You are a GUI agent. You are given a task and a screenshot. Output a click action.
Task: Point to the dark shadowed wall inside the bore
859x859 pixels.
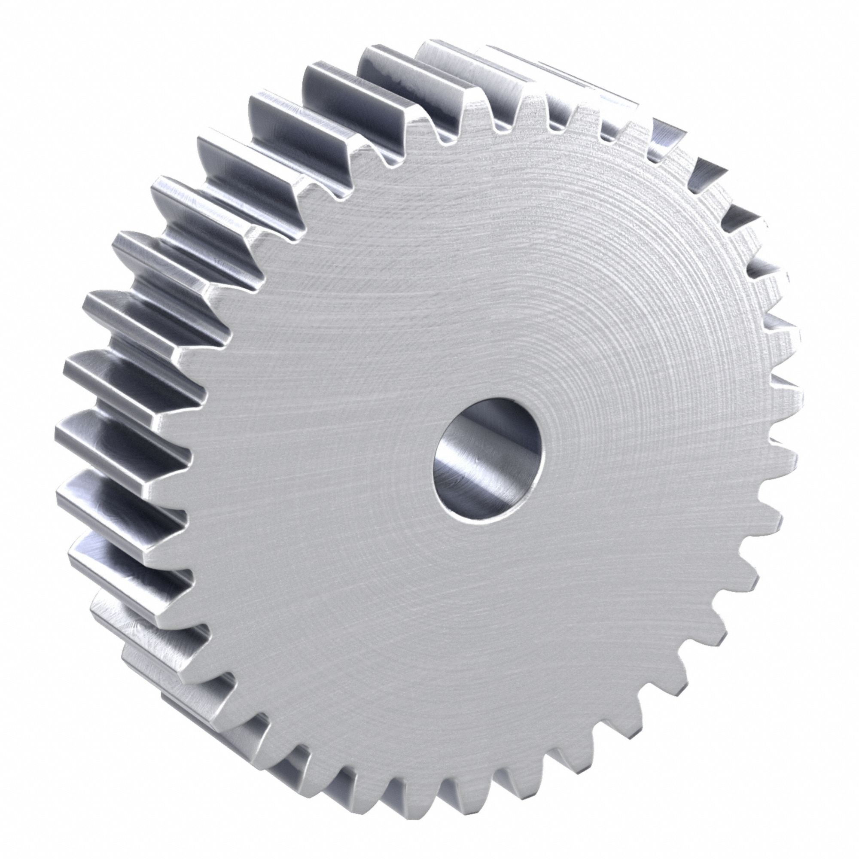coord(449,471)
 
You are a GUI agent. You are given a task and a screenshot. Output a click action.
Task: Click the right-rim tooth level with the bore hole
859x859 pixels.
coord(785,458)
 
